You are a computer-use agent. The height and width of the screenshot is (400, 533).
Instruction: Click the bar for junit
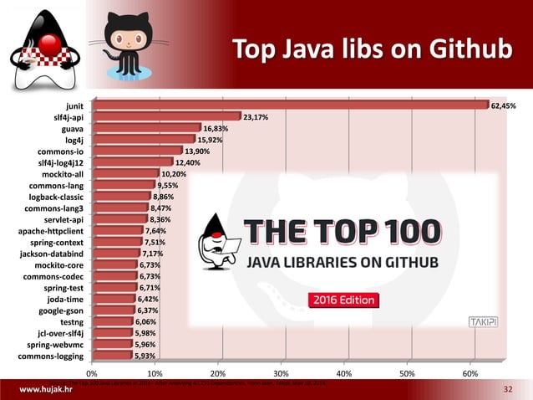291,105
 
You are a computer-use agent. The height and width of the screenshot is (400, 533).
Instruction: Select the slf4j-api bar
167,117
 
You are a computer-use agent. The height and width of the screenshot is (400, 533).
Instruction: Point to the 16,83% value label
216,129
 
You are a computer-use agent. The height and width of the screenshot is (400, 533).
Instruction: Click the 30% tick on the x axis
281,373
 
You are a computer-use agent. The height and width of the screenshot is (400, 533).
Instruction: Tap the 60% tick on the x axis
470,373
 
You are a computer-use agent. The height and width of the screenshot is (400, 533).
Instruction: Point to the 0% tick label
93,373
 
